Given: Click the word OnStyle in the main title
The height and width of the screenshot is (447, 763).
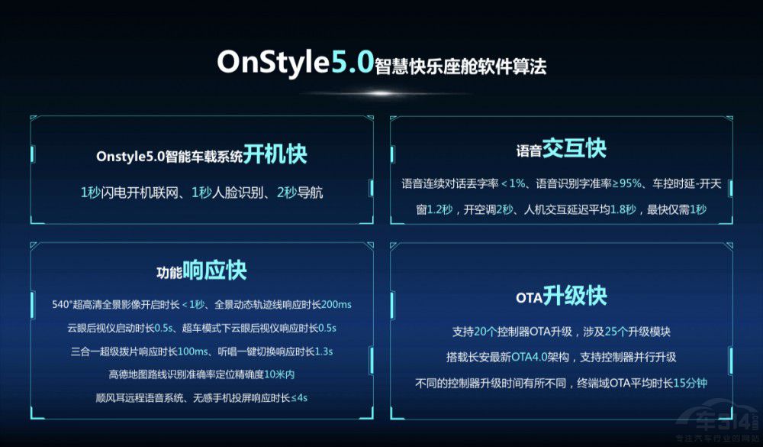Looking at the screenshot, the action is (274, 63).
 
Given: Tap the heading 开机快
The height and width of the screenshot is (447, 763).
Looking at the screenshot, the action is (275, 154).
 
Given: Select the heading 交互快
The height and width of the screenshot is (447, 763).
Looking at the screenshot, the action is (575, 148).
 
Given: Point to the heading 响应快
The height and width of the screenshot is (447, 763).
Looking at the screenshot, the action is (214, 270).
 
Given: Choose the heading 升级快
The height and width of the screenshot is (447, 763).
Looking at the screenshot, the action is (575, 296).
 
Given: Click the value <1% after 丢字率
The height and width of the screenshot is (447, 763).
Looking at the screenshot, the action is (513, 183).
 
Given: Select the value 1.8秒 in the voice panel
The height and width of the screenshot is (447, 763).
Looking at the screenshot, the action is (623, 209).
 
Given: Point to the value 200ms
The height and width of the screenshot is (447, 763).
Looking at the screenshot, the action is (336, 305).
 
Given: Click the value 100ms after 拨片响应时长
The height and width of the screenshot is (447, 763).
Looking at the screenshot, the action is (193, 351).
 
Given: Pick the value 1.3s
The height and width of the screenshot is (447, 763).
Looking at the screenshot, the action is (324, 351).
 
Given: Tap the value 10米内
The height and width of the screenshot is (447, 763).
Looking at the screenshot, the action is (279, 374).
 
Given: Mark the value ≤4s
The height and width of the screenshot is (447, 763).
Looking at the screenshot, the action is (299, 398).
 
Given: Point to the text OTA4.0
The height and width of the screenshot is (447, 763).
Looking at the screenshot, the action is (529, 358).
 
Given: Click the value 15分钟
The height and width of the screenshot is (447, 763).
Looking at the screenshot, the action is (690, 383).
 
